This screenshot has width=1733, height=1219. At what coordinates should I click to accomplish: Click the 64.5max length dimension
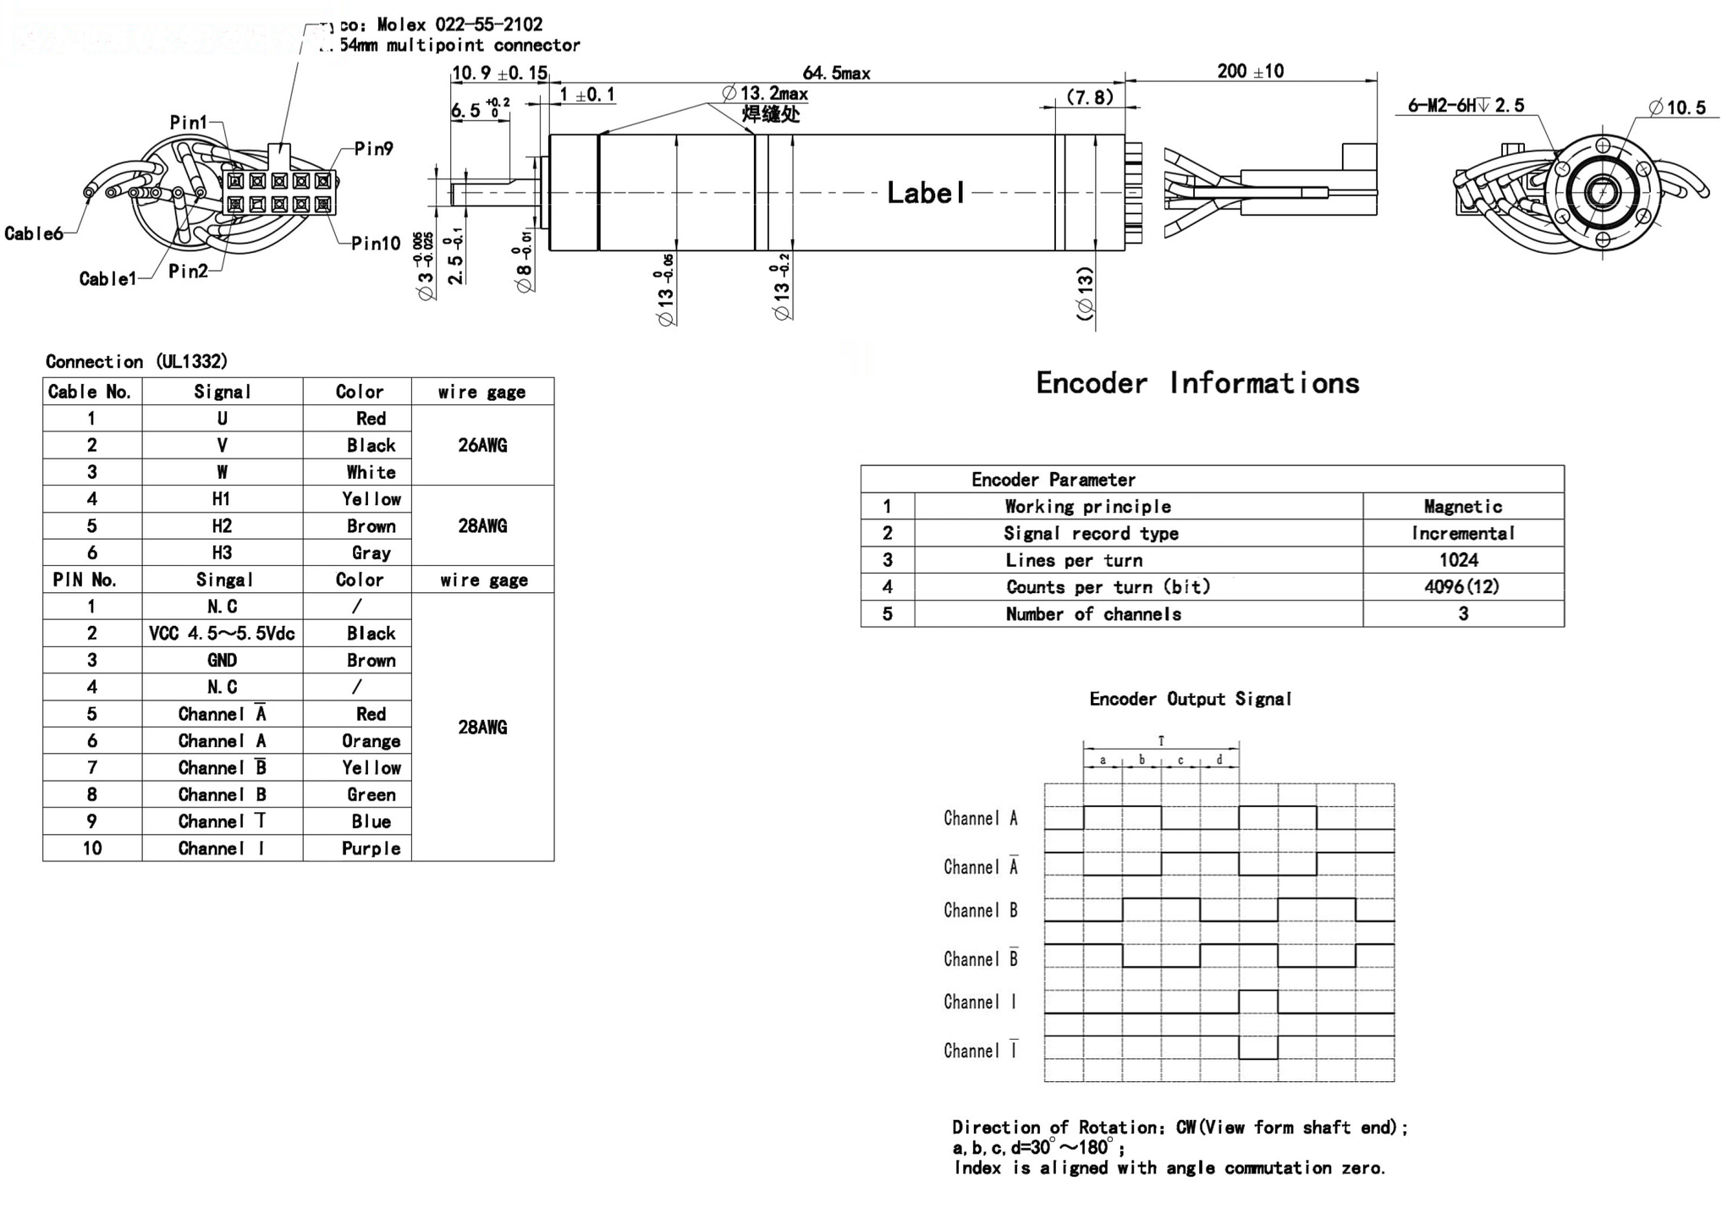point(836,74)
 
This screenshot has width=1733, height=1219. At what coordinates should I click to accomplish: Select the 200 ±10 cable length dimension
point(1250,71)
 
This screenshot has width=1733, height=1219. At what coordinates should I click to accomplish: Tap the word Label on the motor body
point(925,193)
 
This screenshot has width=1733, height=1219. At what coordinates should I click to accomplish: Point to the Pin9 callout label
point(373,149)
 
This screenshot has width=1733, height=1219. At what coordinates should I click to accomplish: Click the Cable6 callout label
point(34,233)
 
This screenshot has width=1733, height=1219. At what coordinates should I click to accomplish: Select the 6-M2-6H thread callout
point(1466,106)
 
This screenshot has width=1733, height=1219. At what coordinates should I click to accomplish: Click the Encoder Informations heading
point(1197,383)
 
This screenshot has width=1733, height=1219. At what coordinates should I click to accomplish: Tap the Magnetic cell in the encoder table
point(1462,507)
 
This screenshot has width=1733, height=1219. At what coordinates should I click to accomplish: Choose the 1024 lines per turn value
point(1459,560)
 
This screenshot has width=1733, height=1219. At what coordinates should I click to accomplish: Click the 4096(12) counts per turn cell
point(1461,587)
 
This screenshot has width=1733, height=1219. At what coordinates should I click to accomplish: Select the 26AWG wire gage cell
point(482,446)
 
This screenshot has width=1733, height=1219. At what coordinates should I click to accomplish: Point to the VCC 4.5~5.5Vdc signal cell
point(222,634)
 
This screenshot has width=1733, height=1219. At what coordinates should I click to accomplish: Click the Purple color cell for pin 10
point(371,848)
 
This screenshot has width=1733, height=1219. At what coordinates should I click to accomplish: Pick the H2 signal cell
point(222,526)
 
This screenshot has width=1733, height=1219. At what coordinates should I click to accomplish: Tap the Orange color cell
point(371,741)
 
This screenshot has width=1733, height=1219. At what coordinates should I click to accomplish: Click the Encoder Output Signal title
point(1190,699)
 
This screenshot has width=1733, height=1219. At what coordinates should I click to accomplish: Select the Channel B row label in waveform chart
point(980,911)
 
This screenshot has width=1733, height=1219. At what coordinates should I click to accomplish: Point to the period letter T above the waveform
point(1161,741)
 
